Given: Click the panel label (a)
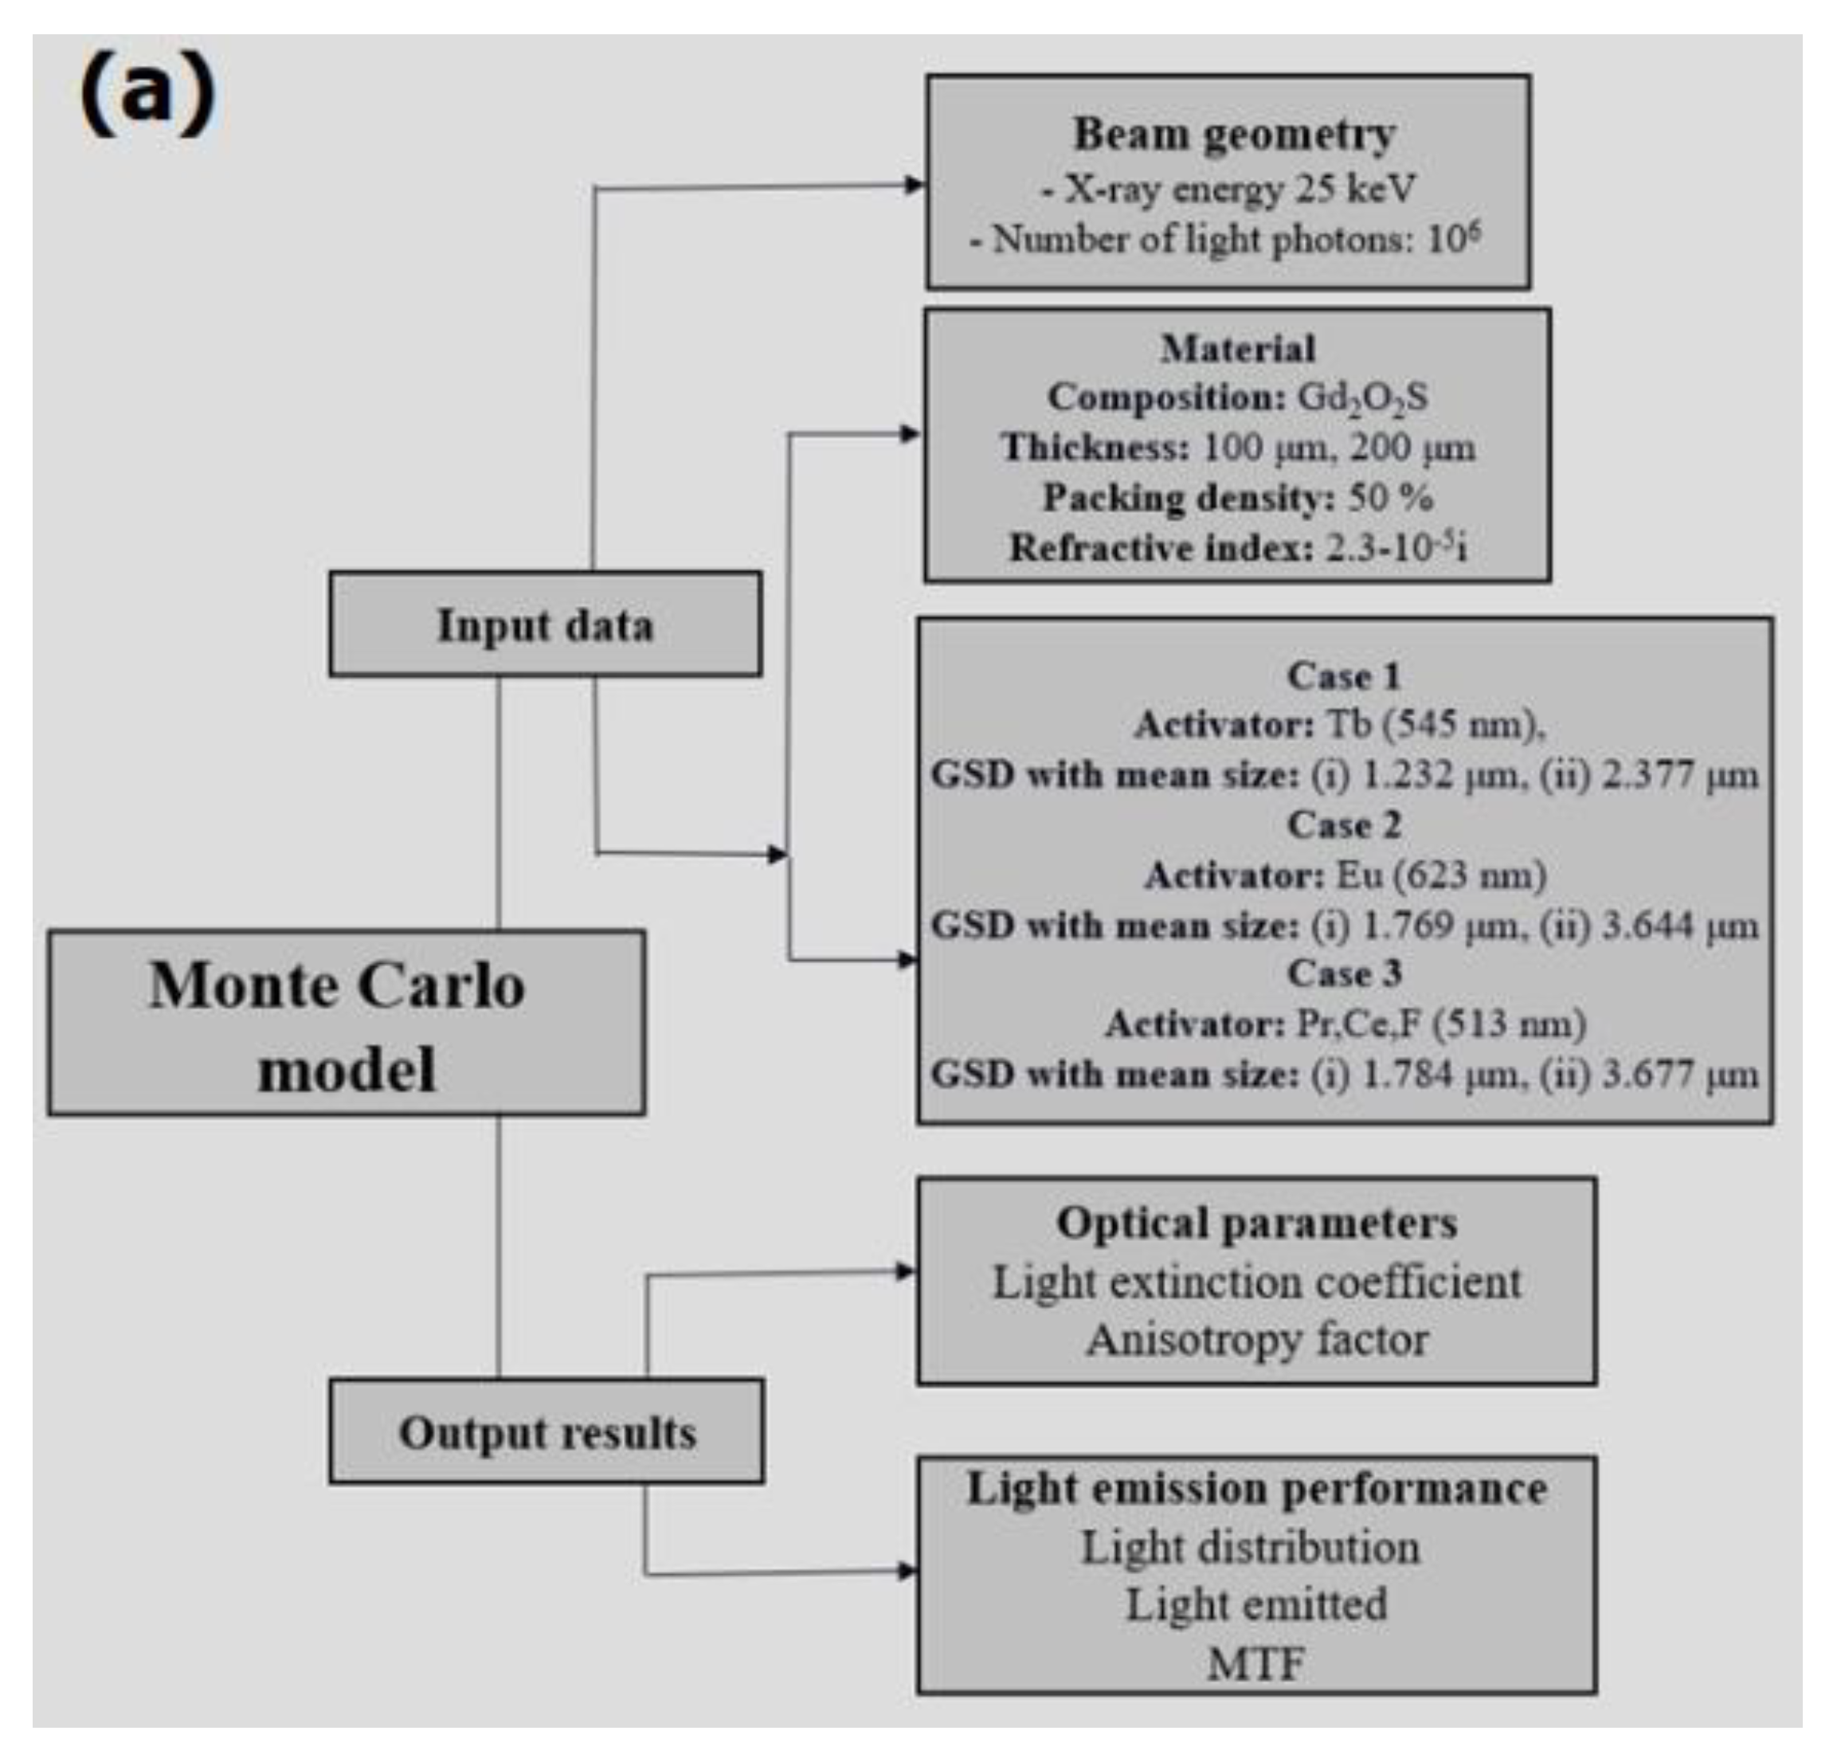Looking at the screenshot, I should (x=147, y=94).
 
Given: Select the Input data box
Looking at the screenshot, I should (x=545, y=625).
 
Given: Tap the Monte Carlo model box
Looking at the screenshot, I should (x=346, y=1024).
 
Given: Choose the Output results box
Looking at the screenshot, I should (x=546, y=1432).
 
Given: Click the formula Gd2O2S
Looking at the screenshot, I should (x=1362, y=398).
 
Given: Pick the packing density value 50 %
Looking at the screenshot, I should (x=1391, y=497).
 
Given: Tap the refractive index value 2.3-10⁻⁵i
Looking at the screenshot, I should (x=1396, y=547).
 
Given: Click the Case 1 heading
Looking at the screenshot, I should (x=1344, y=676).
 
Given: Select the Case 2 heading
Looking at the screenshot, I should (x=1344, y=824).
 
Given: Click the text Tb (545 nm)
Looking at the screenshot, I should (x=1434, y=724).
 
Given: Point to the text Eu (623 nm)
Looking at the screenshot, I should (x=1440, y=875).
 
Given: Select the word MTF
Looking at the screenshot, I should (x=1255, y=1666).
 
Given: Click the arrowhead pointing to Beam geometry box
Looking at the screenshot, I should (x=915, y=185).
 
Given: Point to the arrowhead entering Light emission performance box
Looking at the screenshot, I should (x=907, y=1570).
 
